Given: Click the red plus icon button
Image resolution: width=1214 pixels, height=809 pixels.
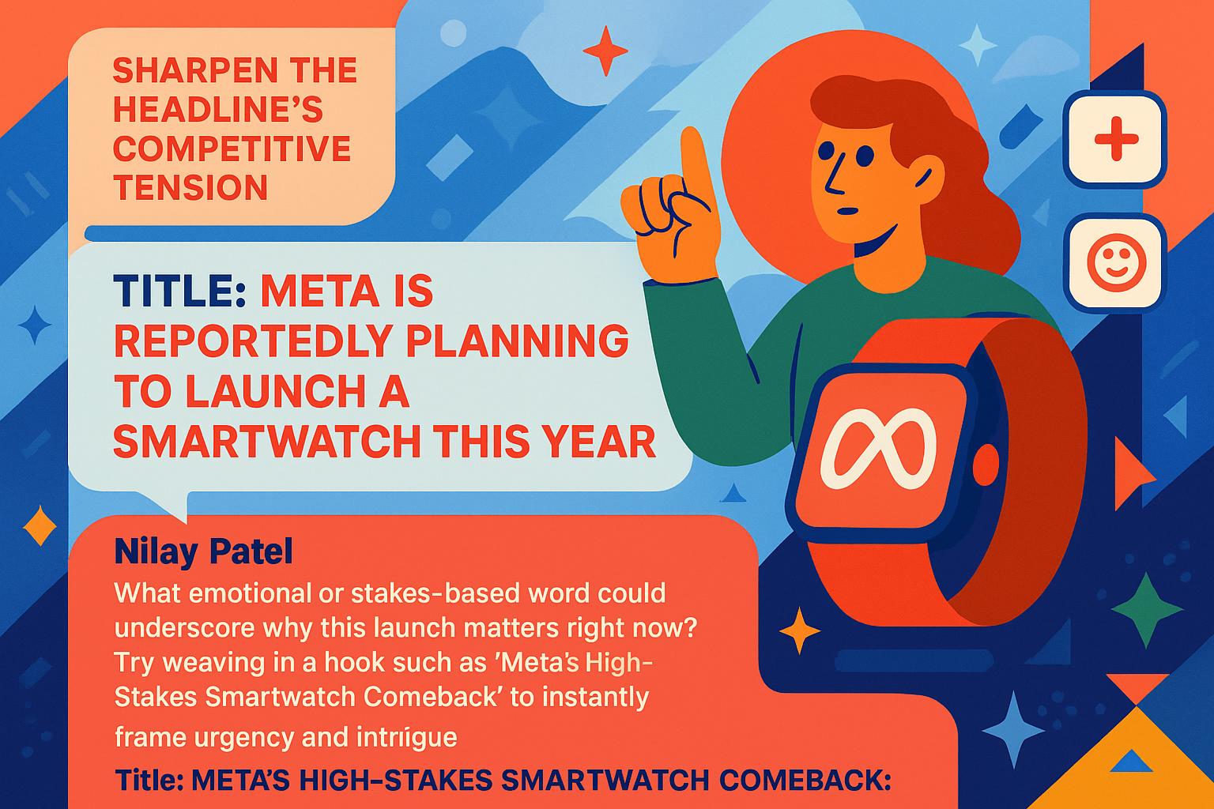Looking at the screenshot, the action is click(1115, 139).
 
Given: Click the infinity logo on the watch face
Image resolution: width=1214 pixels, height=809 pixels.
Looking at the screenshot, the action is click(878, 449).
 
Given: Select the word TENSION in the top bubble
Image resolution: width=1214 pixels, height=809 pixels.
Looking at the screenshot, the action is click(190, 187).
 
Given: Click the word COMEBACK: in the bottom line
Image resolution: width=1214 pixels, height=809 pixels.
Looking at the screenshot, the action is click(805, 781).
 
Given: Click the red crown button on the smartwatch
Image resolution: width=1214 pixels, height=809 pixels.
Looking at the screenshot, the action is click(986, 465).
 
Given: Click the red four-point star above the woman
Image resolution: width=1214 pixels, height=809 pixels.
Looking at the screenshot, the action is click(605, 51).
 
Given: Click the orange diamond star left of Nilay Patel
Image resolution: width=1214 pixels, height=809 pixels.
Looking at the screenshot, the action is click(40, 525).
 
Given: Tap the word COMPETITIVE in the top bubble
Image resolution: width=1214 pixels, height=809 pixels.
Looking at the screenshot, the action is click(232, 149).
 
